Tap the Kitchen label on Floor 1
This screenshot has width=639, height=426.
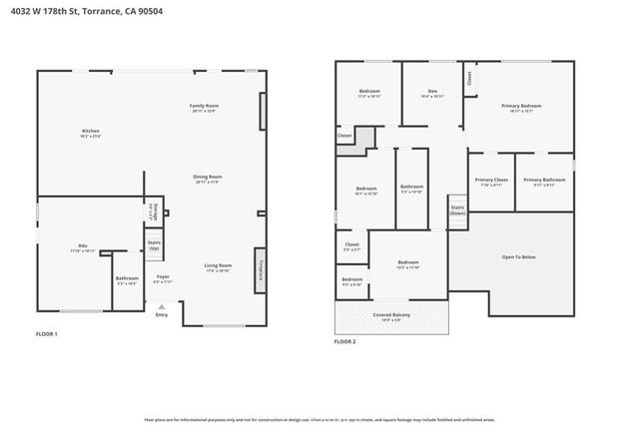[x=91, y=134]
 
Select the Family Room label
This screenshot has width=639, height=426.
[x=205, y=108]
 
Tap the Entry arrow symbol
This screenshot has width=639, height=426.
[x=162, y=307]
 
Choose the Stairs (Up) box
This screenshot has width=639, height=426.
[x=155, y=245]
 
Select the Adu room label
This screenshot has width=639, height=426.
[x=83, y=248]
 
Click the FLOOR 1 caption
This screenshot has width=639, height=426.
[x=47, y=334]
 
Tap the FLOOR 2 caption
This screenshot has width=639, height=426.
[x=344, y=342]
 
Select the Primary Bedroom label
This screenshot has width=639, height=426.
[x=521, y=107]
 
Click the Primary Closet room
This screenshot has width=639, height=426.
[x=493, y=183]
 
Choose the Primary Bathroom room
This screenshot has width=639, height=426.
[x=544, y=183]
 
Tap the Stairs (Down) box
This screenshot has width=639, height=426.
[x=458, y=211]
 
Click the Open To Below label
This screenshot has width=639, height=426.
[x=518, y=257]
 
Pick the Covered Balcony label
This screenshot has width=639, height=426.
[x=391, y=318]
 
